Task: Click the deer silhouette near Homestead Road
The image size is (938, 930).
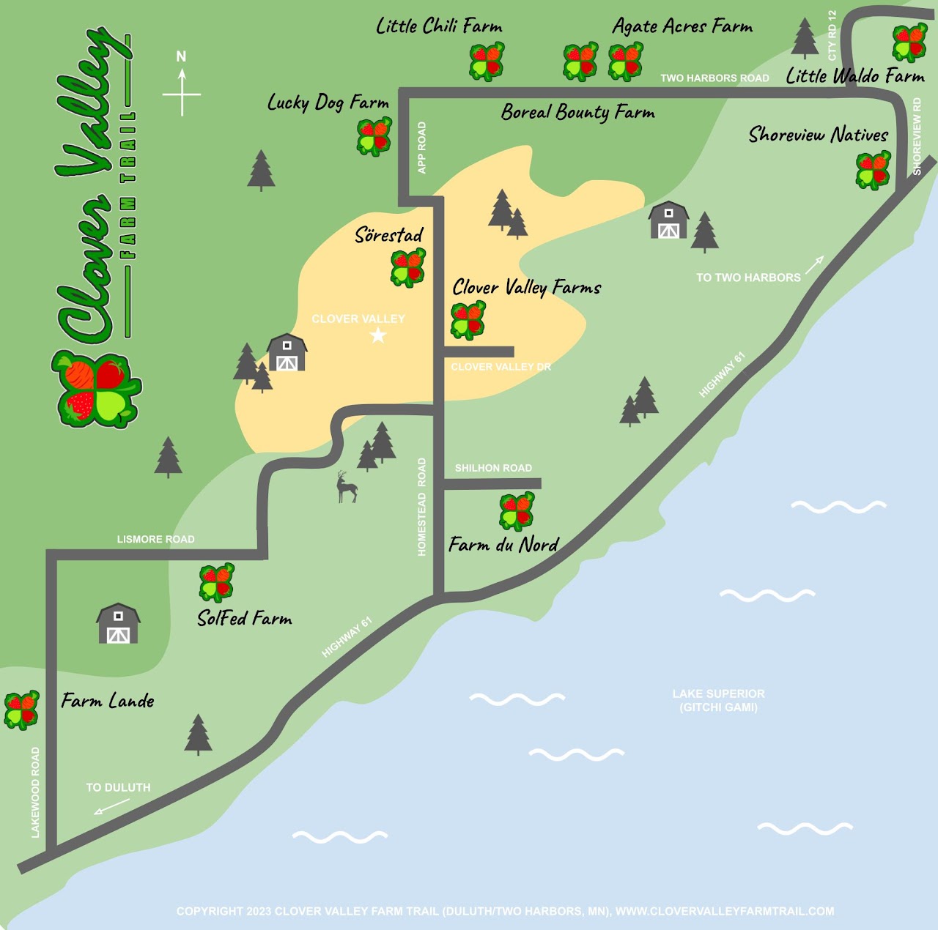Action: pos(346,488)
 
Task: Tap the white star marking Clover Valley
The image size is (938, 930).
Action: pos(378,335)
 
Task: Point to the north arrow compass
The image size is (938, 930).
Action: pos(182,84)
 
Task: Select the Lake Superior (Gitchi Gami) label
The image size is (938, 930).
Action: pos(718,700)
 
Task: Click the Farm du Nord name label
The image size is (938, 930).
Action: pos(503,545)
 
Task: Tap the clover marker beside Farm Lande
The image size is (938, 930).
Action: pos(21,710)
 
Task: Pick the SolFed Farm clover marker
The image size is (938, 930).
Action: pos(216,582)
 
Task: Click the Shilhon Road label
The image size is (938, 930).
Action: pos(493,468)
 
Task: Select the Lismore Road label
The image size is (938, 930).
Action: pos(155,540)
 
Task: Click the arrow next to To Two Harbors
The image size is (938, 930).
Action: pos(815,264)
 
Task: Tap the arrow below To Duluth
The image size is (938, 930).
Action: pos(111,806)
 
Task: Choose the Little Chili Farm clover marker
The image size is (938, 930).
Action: pos(487,62)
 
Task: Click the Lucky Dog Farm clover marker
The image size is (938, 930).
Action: pos(374,136)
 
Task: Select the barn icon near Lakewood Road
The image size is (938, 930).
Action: pos(118,624)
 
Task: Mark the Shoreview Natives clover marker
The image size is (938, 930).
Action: pos(873,170)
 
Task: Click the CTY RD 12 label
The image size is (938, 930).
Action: pos(832,36)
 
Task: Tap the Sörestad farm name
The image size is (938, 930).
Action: pos(389,235)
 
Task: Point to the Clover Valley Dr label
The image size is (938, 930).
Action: pos(501,367)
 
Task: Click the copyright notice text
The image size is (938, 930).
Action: pos(505,911)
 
